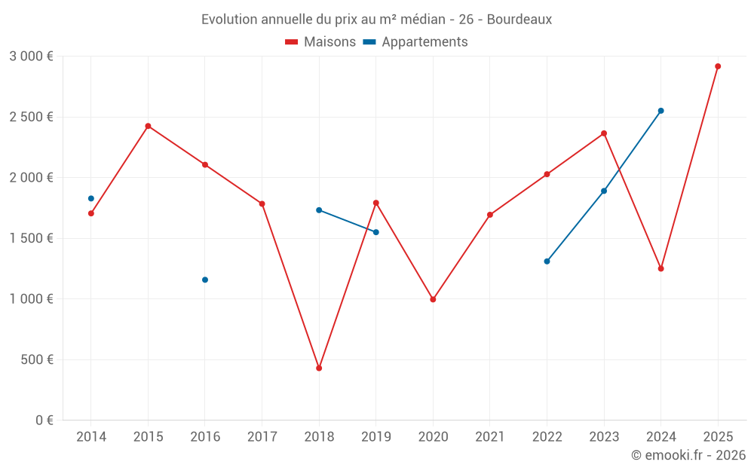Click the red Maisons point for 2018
click(319, 368)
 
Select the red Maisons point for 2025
click(718, 66)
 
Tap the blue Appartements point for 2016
click(205, 280)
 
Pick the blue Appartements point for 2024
click(661, 111)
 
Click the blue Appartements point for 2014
click(91, 198)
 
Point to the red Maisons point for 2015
click(148, 126)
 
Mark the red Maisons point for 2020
click(433, 299)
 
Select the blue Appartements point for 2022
click(547, 261)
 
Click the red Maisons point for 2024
click(661, 268)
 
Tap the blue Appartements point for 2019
click(376, 232)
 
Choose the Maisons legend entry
click(320, 42)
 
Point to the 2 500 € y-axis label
click(31, 117)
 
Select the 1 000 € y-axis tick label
click(31, 299)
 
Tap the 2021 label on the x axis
click(490, 436)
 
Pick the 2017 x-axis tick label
click(262, 436)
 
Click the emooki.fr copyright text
click(688, 455)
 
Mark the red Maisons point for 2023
click(604, 133)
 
